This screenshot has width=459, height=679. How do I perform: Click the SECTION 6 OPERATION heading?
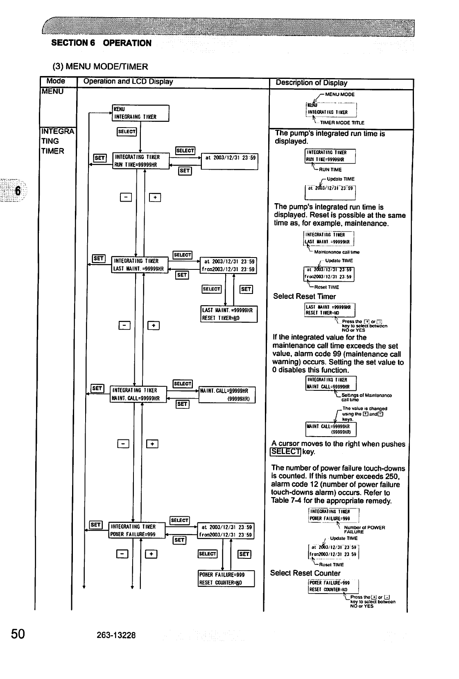(x=101, y=43)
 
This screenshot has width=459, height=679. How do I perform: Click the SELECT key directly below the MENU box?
(x=127, y=131)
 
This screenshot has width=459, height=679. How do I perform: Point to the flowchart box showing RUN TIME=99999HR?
(x=141, y=161)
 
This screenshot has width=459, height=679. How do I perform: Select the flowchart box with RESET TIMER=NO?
(x=229, y=314)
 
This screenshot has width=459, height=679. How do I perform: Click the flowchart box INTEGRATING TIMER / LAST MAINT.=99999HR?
(x=140, y=265)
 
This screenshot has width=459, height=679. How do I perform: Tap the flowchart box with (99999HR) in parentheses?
(x=227, y=395)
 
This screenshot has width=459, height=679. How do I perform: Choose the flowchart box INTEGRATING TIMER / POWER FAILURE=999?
(x=137, y=530)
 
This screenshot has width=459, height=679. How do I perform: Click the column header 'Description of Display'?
(x=311, y=83)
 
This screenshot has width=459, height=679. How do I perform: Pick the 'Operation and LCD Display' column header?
(x=128, y=81)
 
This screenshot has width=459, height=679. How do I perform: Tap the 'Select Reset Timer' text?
(x=304, y=296)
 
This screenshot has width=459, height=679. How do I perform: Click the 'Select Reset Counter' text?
(x=305, y=573)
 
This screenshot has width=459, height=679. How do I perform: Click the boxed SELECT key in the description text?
(x=285, y=452)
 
